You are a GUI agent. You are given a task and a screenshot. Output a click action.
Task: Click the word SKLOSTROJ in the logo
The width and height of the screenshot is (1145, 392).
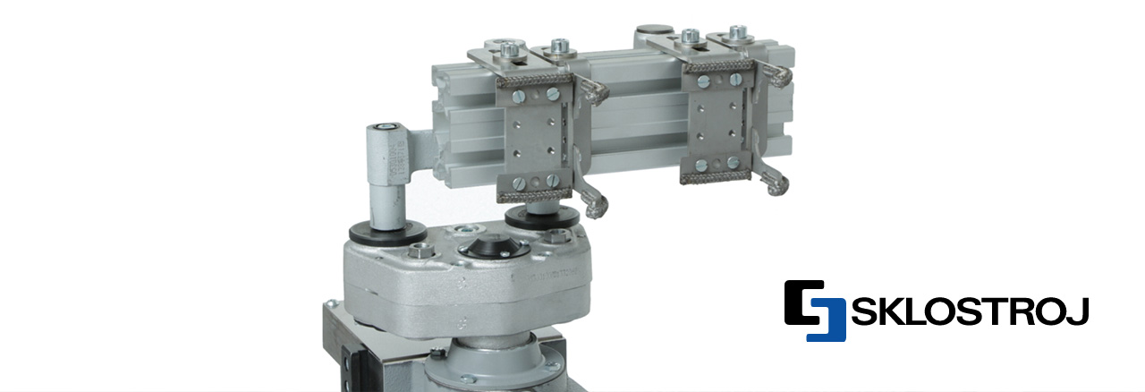[x=971, y=311]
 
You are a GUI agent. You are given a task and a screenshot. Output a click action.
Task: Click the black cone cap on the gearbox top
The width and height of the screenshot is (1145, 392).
[x=483, y=248]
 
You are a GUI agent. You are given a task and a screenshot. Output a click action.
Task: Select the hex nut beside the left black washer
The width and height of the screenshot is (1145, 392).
[x=421, y=251]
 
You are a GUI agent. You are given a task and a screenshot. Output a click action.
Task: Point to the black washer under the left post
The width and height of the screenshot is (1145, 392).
[x=387, y=234]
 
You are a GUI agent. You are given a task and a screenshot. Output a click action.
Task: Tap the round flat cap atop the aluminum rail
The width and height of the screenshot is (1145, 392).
[x=657, y=30]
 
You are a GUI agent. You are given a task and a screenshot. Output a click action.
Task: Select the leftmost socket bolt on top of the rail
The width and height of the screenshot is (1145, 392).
[x=510, y=49]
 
